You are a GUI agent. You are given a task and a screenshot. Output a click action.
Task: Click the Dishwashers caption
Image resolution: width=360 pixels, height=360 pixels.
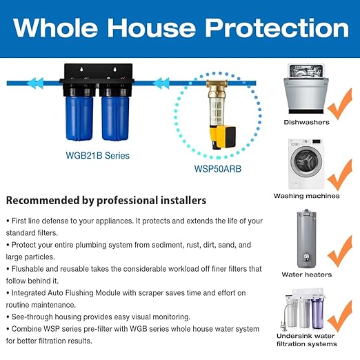306,122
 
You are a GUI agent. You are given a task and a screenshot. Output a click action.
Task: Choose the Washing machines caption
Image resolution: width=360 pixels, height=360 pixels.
307,196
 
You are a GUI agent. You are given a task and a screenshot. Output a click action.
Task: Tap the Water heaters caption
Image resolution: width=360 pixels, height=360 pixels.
307,274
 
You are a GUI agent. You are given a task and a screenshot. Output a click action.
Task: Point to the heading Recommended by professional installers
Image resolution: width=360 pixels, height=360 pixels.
106,201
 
